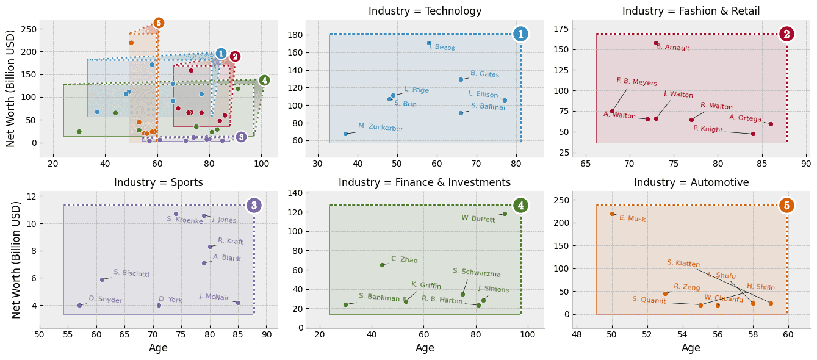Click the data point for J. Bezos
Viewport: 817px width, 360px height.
click(429, 43)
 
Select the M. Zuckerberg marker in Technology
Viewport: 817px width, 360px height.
click(345, 134)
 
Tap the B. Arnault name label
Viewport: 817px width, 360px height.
click(672, 48)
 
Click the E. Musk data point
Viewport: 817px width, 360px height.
click(612, 214)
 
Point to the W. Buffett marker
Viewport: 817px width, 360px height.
click(505, 214)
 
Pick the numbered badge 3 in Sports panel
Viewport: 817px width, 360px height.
click(254, 206)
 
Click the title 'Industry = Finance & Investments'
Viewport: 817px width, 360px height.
click(425, 182)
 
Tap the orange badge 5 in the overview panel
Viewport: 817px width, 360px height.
click(159, 23)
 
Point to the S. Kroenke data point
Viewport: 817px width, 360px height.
click(176, 214)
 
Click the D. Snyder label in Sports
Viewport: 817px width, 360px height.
click(106, 300)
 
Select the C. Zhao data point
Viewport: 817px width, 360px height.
click(382, 265)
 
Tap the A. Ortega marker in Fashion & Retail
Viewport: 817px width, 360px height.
click(771, 124)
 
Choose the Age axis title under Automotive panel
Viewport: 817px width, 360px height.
click(691, 348)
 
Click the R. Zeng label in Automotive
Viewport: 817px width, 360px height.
click(686, 287)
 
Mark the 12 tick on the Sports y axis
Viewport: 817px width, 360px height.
click(29, 196)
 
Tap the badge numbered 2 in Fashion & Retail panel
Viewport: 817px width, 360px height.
click(786, 34)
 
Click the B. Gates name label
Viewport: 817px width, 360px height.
click(484, 74)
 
